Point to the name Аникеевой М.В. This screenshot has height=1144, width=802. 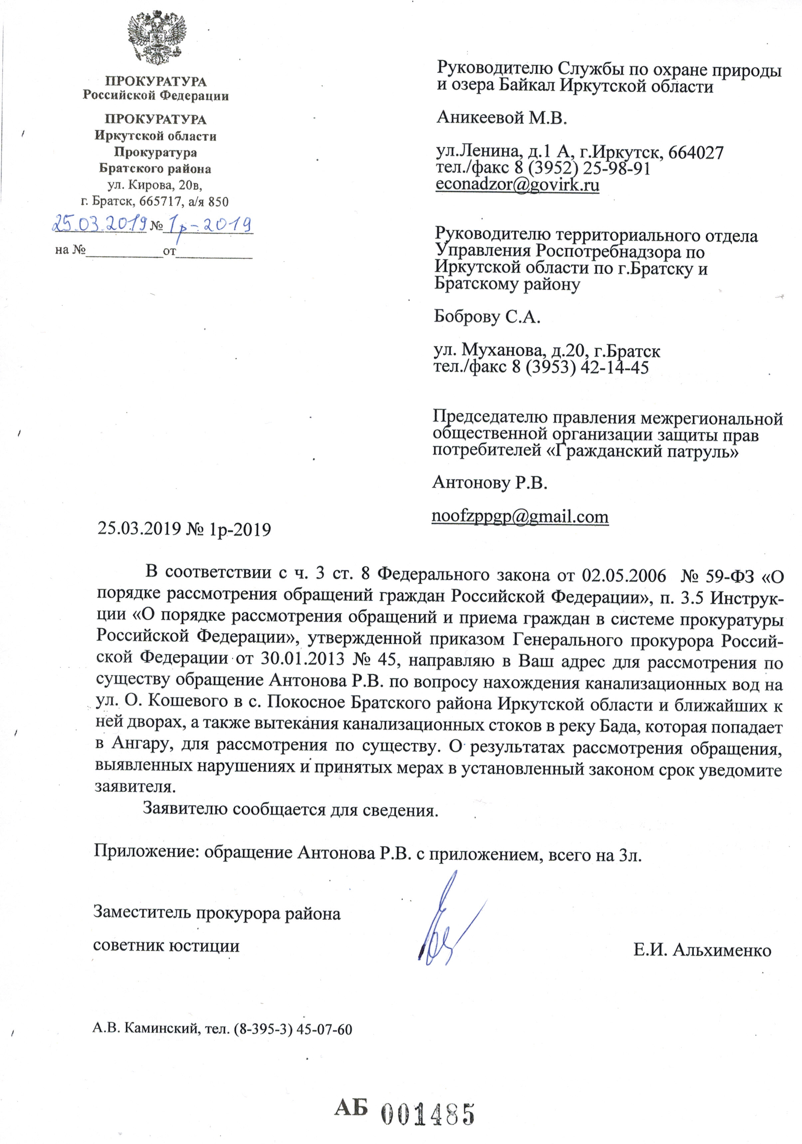pos(502,118)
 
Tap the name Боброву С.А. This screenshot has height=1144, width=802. pos(487,317)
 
